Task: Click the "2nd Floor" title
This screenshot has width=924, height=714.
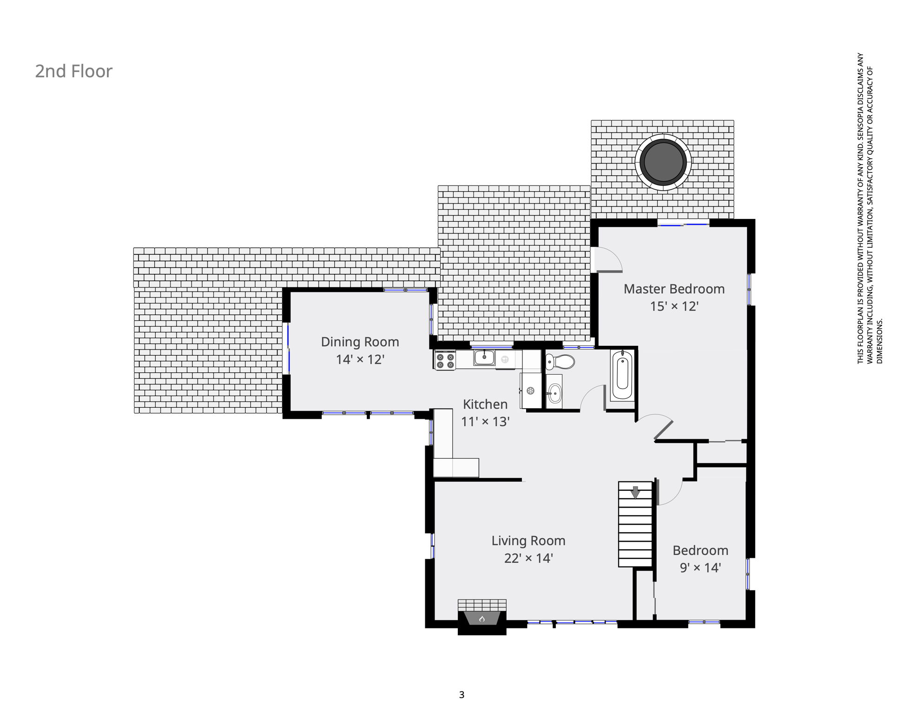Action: (74, 71)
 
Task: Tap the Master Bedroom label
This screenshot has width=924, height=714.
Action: (674, 289)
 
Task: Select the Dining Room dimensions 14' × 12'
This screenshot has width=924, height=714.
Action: (360, 359)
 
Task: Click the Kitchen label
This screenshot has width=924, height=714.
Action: (485, 404)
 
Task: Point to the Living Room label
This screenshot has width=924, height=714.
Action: (528, 541)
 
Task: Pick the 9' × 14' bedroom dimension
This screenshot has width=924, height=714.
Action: (700, 568)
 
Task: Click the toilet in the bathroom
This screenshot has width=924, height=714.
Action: (560, 361)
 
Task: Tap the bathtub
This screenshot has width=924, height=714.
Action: (622, 376)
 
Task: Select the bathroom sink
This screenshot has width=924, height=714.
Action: (554, 393)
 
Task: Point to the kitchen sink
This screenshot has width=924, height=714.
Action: (484, 358)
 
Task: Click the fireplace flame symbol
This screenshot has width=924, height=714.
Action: (482, 619)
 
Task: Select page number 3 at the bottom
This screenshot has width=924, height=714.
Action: (462, 695)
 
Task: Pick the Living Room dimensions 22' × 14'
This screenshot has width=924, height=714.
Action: (528, 558)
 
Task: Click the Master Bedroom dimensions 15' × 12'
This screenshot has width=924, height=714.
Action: (674, 306)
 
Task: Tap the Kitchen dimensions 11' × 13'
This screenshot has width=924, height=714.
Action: (485, 422)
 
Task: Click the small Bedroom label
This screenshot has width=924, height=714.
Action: (700, 550)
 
